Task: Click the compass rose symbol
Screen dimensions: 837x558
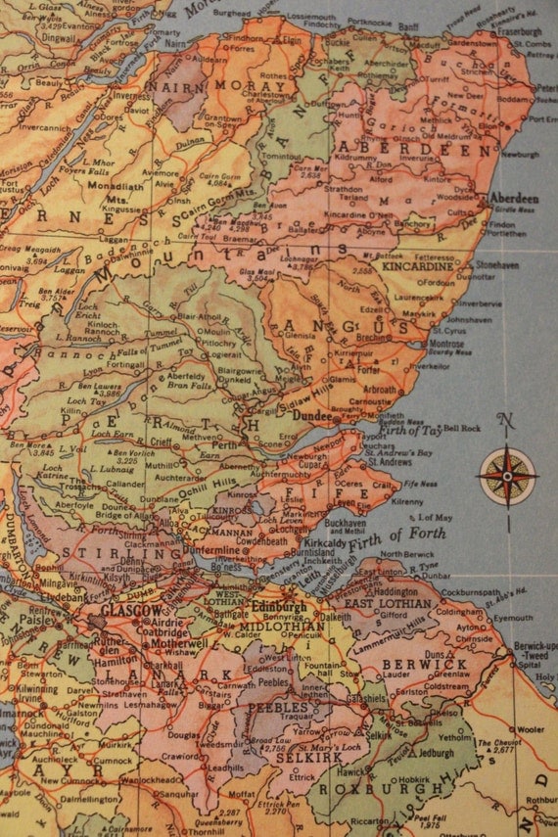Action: (x=507, y=476)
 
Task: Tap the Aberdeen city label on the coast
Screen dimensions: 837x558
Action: (x=514, y=199)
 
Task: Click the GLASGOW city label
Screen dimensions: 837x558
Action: (x=132, y=611)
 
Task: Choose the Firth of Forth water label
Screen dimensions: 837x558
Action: (x=403, y=535)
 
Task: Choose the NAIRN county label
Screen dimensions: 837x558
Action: (x=167, y=86)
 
